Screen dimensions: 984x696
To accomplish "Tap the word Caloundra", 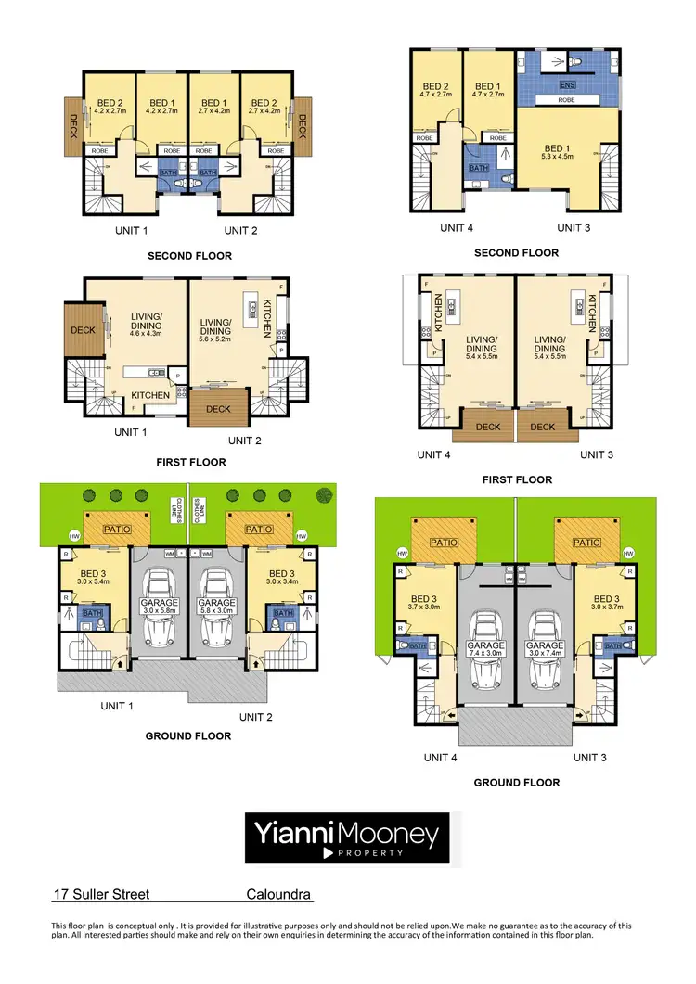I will pos(278,896).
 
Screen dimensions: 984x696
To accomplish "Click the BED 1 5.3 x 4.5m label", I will pos(565,153).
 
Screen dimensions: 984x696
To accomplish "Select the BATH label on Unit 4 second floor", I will pos(478,168).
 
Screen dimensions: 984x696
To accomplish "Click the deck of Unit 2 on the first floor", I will pos(217,408).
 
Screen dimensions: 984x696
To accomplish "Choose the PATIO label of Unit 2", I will pos(258,530).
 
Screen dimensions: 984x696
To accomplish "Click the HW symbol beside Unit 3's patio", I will pos(628,553).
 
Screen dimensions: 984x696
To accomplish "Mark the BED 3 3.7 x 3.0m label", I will pos(423,604).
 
